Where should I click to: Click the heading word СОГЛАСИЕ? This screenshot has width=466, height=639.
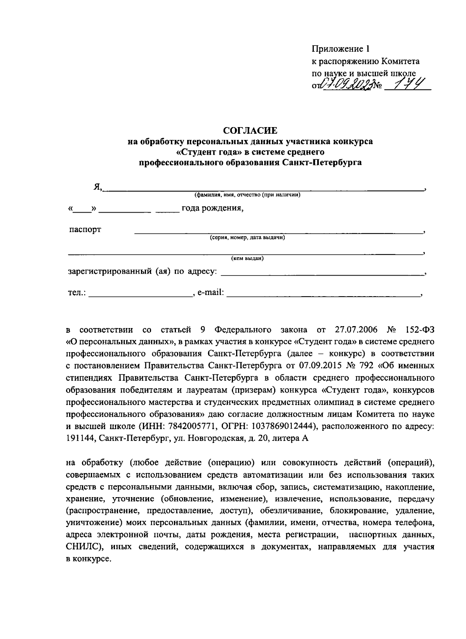[250, 130]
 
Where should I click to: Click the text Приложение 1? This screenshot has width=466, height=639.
[341, 49]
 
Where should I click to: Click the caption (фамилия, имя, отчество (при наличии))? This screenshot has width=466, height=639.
[248, 195]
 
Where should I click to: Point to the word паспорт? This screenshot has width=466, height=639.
[85, 229]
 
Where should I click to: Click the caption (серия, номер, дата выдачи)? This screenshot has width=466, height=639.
[248, 237]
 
